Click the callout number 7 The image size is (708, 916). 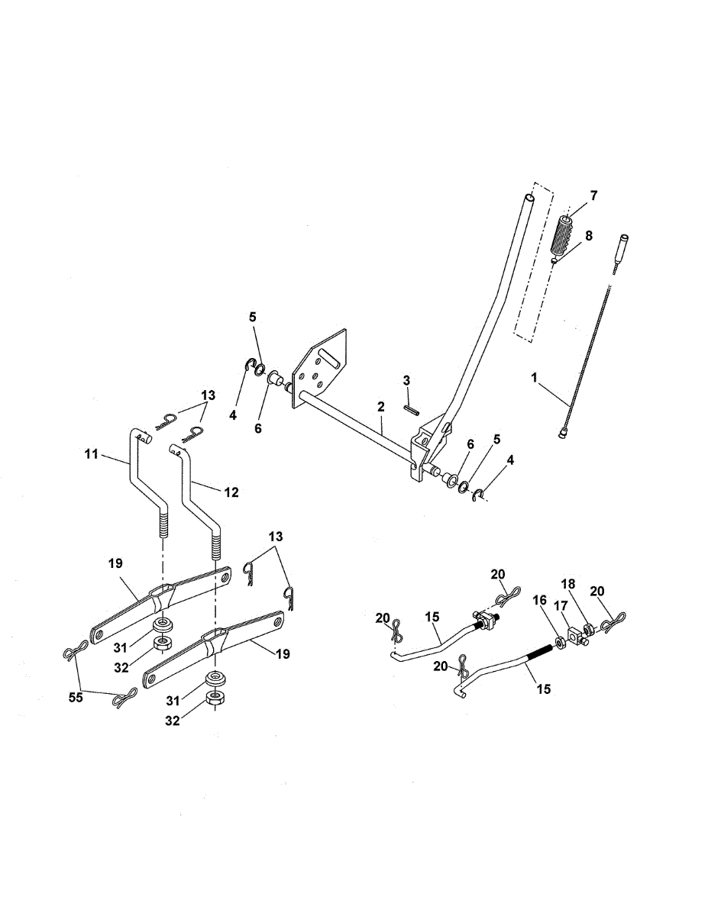coord(593,195)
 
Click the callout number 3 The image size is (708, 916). coord(407,380)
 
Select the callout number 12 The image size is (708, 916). coord(231,493)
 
